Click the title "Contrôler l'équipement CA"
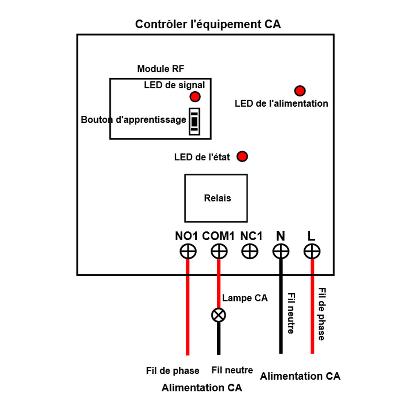[x=208, y=24]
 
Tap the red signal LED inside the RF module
[x=195, y=97]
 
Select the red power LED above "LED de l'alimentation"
[x=300, y=90]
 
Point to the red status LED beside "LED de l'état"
[x=243, y=156]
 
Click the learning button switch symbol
[x=194, y=121]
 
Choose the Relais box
[x=216, y=198]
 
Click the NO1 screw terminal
[x=188, y=252]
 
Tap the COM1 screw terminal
[x=219, y=252]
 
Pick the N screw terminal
[x=281, y=252]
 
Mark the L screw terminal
[x=312, y=252]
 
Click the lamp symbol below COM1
[x=218, y=315]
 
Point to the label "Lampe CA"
[x=245, y=298]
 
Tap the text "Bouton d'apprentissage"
[x=134, y=120]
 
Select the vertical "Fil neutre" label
[x=291, y=313]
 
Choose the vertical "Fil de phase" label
[x=322, y=314]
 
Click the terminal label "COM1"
[x=218, y=236]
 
